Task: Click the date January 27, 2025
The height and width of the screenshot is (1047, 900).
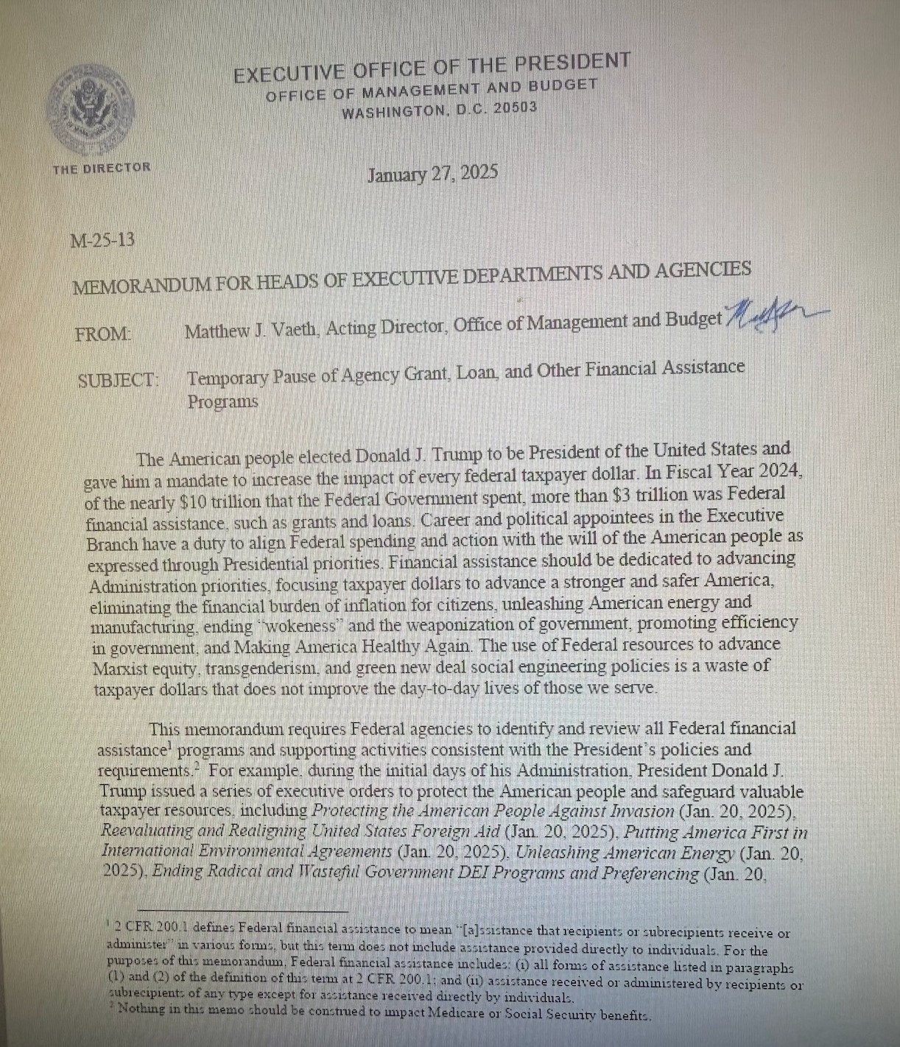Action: coord(432,174)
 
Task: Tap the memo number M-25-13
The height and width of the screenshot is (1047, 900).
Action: coord(102,240)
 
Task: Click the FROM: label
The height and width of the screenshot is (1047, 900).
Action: coord(103,334)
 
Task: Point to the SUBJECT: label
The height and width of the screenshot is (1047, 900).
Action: coord(118,381)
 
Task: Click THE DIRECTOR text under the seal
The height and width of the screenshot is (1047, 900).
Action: coord(101,168)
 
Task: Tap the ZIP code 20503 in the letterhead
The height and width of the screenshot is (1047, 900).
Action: coord(515,108)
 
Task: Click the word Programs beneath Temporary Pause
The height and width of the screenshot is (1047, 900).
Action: coord(222,402)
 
